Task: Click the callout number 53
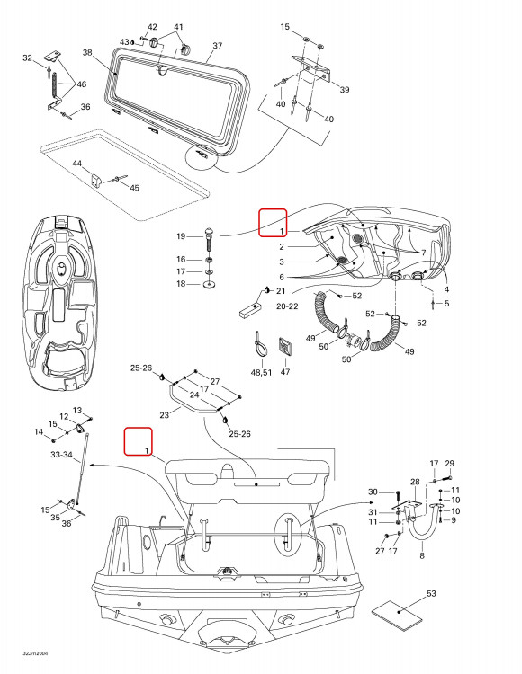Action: (x=431, y=594)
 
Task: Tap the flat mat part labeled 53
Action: (x=396, y=616)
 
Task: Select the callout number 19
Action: (x=181, y=236)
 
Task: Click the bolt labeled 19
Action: (x=209, y=241)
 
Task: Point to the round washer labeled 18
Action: (x=209, y=284)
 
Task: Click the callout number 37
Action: (x=217, y=45)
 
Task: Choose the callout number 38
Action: (x=87, y=52)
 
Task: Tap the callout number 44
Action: (x=77, y=164)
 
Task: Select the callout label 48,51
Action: (x=261, y=372)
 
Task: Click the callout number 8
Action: (x=422, y=555)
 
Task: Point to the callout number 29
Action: (x=449, y=464)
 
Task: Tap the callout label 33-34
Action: (x=61, y=455)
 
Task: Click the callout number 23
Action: (x=165, y=415)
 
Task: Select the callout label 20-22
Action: (x=287, y=306)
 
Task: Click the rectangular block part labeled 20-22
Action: (x=250, y=310)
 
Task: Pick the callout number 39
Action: (x=345, y=89)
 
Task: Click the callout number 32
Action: (x=27, y=58)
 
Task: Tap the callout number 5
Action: (x=446, y=304)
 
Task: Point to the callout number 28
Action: (x=415, y=482)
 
